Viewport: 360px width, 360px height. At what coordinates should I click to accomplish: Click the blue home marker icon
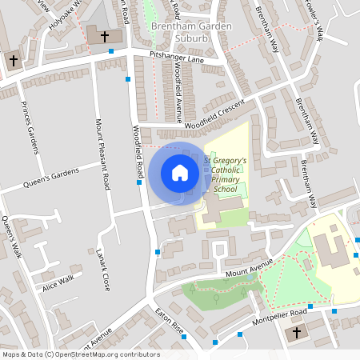pos(180,173)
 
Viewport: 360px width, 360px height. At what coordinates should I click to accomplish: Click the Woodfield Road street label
pos(138,152)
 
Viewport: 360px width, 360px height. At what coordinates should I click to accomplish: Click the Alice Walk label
pos(58,282)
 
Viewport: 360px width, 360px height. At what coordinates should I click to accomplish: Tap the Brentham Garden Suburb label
pos(191,32)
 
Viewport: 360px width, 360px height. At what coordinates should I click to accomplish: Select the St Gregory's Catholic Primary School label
pos(225,175)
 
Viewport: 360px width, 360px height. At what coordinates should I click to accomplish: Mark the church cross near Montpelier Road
pos(298,333)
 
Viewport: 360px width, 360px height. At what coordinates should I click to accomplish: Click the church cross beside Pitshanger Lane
pos(104,36)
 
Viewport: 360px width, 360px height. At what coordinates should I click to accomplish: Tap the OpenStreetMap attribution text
pos(80,354)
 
